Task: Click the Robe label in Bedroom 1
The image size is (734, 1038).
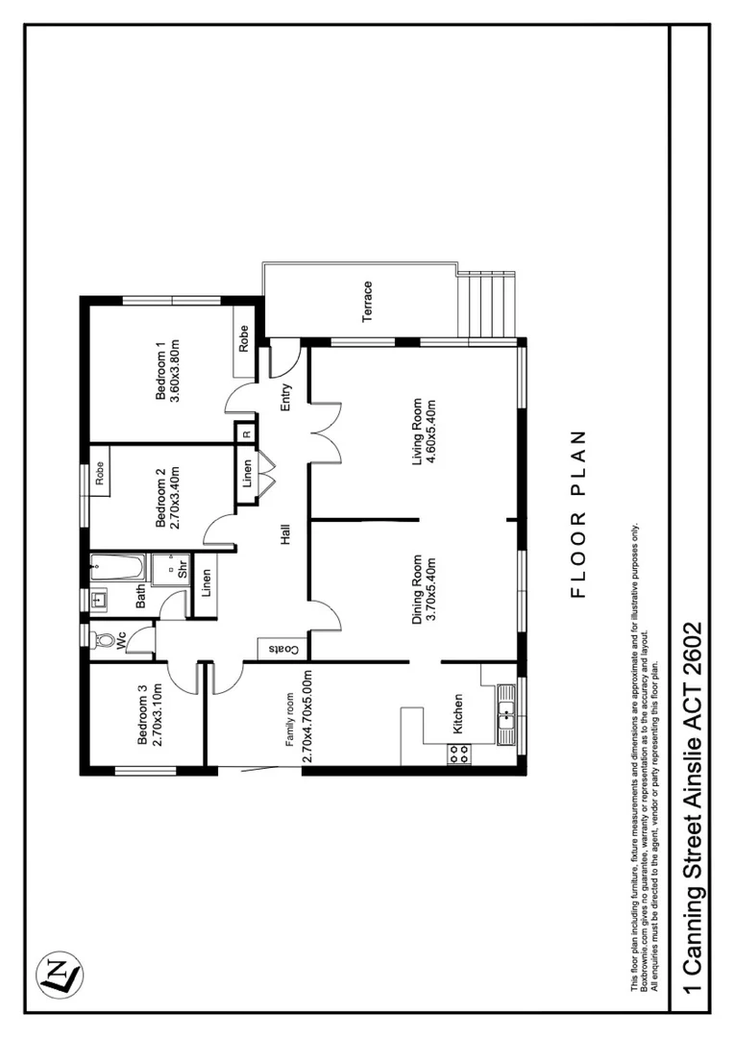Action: coord(244,341)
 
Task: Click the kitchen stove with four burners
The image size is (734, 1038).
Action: coord(458,754)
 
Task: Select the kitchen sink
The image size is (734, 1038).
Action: coord(505,712)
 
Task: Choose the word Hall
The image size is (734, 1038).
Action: coord(285,534)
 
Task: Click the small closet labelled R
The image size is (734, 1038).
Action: coord(247,433)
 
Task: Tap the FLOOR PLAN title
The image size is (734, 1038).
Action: coord(578,513)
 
